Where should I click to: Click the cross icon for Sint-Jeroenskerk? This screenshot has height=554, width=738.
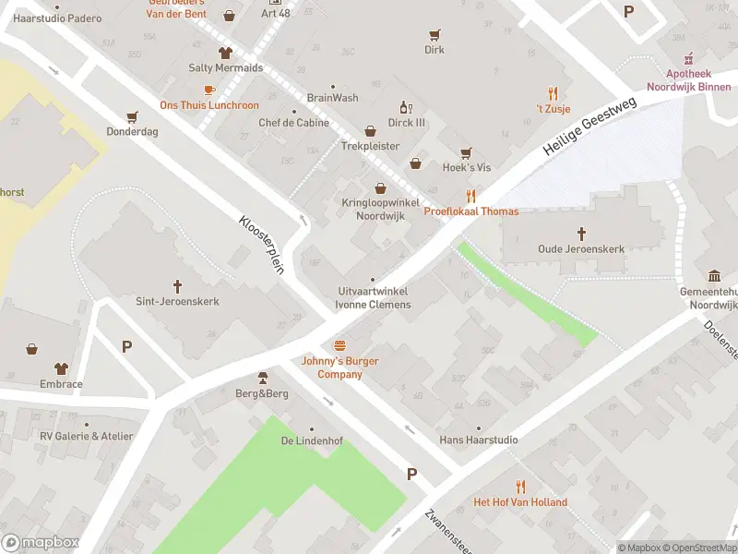(177, 286)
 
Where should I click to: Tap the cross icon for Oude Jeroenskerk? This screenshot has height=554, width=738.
(582, 234)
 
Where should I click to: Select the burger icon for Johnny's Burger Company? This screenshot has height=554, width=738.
(340, 345)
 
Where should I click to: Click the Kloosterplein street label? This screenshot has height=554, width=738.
(258, 245)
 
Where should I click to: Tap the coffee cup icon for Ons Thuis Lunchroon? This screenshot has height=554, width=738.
(209, 90)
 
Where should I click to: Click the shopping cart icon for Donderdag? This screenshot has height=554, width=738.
(132, 116)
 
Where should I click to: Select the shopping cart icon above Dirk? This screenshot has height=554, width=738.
(434, 35)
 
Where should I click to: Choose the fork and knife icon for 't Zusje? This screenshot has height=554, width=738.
(553, 93)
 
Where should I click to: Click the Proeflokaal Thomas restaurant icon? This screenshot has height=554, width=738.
(470, 196)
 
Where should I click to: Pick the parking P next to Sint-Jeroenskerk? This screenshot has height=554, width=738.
(126, 346)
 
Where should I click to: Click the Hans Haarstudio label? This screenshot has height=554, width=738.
(478, 440)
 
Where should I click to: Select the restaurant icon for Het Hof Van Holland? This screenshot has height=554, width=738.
(520, 487)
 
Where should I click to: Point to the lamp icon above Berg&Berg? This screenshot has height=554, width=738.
(262, 378)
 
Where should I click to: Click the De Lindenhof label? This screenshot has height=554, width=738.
(312, 440)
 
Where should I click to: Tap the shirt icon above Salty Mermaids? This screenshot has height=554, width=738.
(225, 53)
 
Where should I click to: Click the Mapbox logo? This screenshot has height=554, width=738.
(41, 542)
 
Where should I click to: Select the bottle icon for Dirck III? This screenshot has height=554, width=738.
(403, 107)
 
